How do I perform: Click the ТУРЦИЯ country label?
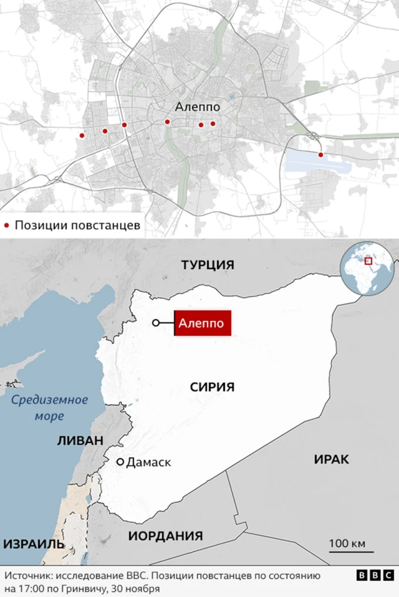(x=208, y=265)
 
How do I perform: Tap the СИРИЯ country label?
(x=212, y=387)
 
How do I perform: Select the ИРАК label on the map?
(x=331, y=459)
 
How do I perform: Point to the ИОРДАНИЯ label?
(x=165, y=536)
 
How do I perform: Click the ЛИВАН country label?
(x=80, y=440)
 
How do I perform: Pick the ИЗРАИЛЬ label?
(x=34, y=543)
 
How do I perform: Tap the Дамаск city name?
(x=148, y=462)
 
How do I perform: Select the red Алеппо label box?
(x=203, y=323)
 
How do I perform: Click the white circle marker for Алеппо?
(x=155, y=323)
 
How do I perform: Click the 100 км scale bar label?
(x=347, y=543)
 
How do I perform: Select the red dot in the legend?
(x=7, y=225)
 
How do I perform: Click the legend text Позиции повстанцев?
(x=77, y=225)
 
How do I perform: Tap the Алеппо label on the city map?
(x=197, y=107)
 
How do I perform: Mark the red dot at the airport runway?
(x=320, y=155)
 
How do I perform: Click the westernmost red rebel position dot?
(x=81, y=135)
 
